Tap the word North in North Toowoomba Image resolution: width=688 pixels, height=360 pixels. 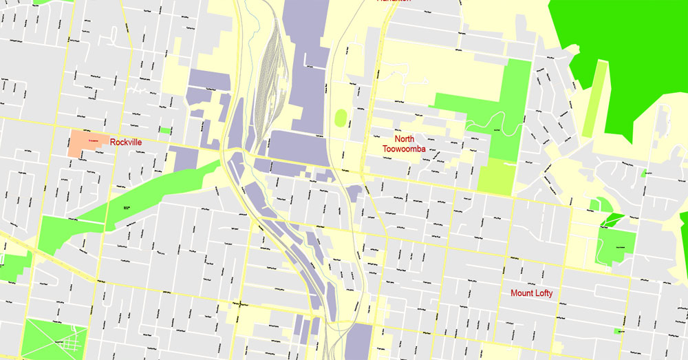[x=404, y=138]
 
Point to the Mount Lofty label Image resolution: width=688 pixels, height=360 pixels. [x=531, y=293]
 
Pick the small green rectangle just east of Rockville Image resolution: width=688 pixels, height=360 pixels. [x=165, y=130]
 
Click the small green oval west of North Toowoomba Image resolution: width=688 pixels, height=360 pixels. [x=341, y=118]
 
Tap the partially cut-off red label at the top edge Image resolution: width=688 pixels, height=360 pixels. [x=394, y=2]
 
